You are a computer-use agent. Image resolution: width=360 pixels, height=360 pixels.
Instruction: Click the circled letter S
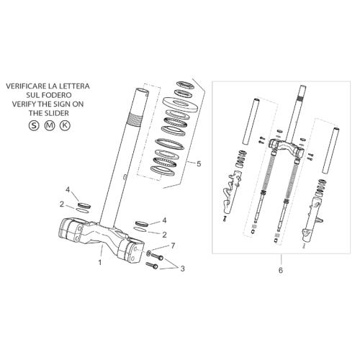(34, 125)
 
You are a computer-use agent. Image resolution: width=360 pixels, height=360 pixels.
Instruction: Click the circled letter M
(50, 125)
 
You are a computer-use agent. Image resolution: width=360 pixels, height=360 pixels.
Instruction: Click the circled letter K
(65, 125)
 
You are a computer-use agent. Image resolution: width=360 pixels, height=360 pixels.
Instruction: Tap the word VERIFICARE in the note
(26, 86)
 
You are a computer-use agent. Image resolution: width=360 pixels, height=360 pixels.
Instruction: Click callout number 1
(100, 262)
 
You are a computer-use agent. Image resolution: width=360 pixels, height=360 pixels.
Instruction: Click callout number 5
(199, 164)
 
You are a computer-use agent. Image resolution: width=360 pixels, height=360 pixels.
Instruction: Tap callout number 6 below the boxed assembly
(281, 270)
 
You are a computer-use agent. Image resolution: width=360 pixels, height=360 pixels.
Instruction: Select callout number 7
(173, 246)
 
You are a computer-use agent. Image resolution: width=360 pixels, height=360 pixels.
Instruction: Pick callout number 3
(183, 269)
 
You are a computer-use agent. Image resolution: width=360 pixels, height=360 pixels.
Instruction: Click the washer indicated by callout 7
(149, 253)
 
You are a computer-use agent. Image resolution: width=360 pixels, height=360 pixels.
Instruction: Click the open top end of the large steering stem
(143, 91)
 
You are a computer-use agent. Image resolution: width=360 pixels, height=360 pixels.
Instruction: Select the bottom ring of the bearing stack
(163, 170)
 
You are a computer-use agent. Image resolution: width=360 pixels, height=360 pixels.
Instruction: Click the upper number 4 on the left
(68, 190)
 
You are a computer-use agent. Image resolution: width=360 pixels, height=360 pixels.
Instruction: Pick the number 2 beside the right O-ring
(164, 235)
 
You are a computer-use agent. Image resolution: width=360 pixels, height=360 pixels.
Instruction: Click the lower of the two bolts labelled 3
(152, 265)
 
